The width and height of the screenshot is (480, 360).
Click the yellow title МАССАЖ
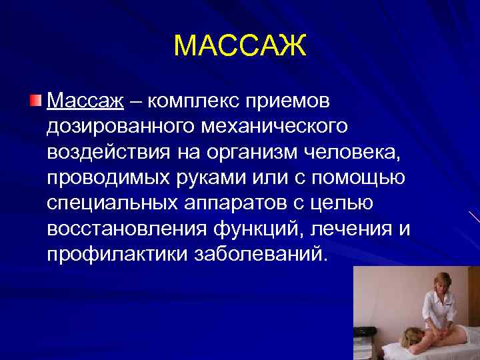click(x=239, y=47)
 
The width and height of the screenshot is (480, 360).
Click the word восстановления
click(x=127, y=229)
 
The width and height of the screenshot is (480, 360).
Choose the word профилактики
click(x=116, y=255)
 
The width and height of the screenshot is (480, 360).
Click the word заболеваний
click(x=259, y=255)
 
